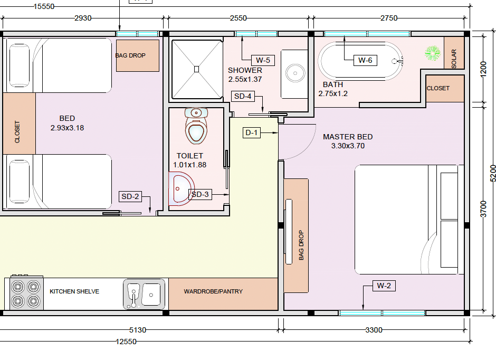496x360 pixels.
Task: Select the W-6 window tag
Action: click(x=365, y=60)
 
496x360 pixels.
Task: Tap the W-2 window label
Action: click(x=384, y=286)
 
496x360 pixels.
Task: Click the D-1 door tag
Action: click(x=252, y=132)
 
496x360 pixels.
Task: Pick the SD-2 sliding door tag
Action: click(x=130, y=197)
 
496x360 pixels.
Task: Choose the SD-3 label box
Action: click(x=200, y=194)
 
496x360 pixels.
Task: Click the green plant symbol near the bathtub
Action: click(x=433, y=52)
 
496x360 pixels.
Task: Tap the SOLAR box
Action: click(x=454, y=53)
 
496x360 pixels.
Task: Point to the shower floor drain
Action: click(x=196, y=69)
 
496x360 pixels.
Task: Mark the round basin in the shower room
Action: click(x=294, y=72)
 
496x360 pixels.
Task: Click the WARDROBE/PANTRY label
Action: click(x=213, y=291)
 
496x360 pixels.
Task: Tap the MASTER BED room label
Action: click(x=348, y=137)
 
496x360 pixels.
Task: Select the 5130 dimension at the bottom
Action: click(x=137, y=330)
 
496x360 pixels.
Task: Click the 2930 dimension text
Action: click(x=83, y=18)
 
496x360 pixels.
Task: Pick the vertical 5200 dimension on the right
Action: click(x=493, y=173)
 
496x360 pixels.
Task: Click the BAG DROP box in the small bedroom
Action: click(x=137, y=55)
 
